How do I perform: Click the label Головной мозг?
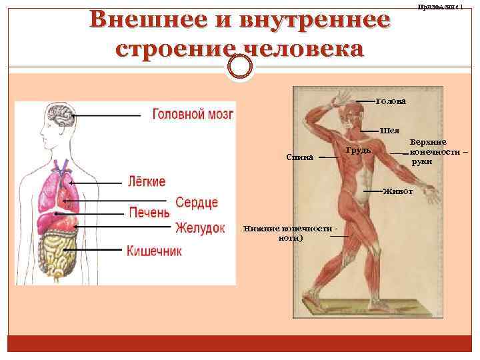193,114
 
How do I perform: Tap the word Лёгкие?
146,181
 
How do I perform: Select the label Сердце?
197,202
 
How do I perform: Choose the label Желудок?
200,228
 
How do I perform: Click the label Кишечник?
154,251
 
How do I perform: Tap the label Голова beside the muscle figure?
391,101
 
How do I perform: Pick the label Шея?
389,130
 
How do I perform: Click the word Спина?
299,158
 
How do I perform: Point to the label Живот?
398,191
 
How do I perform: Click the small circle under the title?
240,65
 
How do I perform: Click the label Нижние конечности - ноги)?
289,233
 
